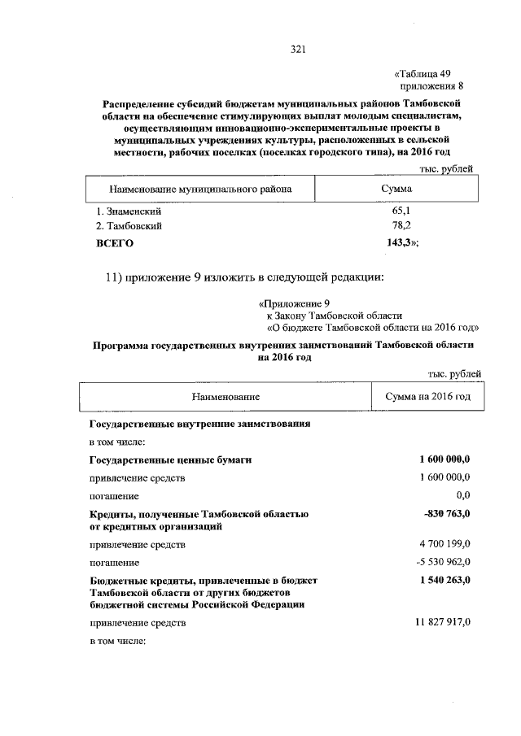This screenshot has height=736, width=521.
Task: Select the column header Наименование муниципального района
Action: coord(195,189)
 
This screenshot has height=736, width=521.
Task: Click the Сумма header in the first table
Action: coord(396,189)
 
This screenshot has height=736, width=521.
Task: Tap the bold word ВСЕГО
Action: coord(115,242)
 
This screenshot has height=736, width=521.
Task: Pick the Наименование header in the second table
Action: coord(225,397)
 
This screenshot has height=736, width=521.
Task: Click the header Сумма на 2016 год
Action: coord(427,397)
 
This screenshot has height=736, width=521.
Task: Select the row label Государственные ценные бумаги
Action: coord(169,460)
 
